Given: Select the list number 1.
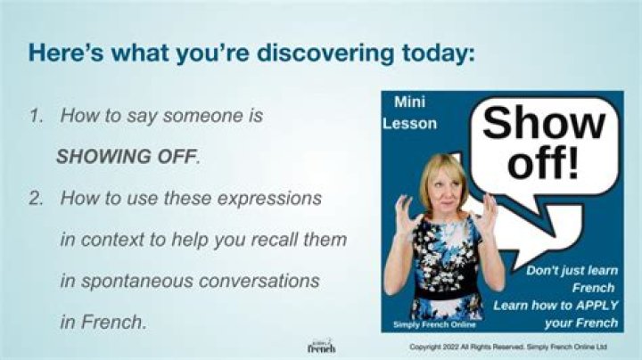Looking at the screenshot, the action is click(x=36, y=116).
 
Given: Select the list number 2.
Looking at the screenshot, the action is click(x=36, y=199).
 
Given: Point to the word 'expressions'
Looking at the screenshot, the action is click(x=270, y=200).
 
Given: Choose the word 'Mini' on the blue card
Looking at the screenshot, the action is click(x=409, y=102).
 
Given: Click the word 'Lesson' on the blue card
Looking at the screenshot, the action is click(x=409, y=124).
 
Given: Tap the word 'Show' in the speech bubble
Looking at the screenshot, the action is click(x=544, y=123).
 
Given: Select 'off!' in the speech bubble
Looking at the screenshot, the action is click(x=544, y=163).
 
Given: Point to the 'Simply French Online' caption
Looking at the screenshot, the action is click(x=434, y=325).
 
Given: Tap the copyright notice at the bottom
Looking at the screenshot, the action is click(x=508, y=347).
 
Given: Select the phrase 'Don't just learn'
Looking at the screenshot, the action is click(x=572, y=271).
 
